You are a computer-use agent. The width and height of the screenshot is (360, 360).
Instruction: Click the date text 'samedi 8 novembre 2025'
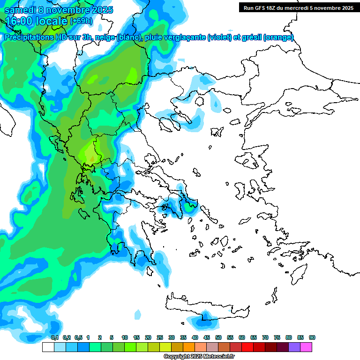[59, 10]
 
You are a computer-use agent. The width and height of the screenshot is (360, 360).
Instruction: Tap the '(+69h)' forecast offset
[81, 22]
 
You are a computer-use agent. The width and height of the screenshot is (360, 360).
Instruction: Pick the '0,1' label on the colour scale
[54, 338]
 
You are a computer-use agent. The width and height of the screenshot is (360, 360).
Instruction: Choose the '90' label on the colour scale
[312, 338]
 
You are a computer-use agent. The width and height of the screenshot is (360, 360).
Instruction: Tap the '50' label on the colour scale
[218, 338]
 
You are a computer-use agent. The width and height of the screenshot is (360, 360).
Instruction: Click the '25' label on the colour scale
[160, 338]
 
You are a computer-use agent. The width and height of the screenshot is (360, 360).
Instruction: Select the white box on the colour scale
[48, 347]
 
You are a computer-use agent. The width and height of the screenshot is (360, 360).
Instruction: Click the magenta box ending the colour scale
[306, 347]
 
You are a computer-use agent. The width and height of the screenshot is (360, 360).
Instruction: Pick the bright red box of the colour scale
[247, 347]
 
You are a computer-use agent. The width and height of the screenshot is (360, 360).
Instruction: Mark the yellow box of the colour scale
[165, 347]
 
